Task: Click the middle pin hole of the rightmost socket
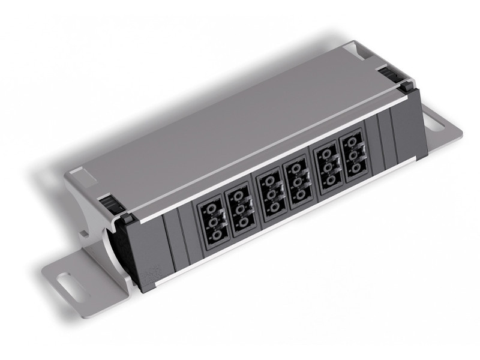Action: [355, 157]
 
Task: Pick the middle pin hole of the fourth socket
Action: [299, 183]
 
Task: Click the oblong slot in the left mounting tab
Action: [70, 280]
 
